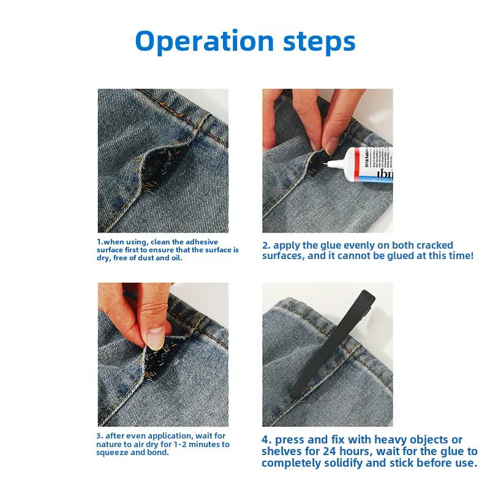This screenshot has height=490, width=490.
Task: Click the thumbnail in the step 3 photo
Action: click(x=156, y=337)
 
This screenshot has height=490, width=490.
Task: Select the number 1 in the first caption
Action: click(x=99, y=242)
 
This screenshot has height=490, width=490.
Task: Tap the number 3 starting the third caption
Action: click(x=99, y=436)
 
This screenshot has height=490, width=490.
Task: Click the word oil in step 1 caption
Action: click(x=175, y=258)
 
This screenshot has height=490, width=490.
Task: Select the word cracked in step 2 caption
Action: click(x=433, y=246)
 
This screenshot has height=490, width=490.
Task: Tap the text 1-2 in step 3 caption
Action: click(x=183, y=444)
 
